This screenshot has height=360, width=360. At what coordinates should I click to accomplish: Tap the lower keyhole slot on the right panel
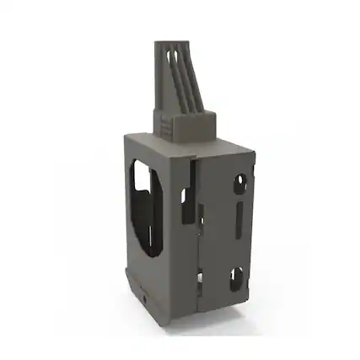[x=237, y=277]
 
